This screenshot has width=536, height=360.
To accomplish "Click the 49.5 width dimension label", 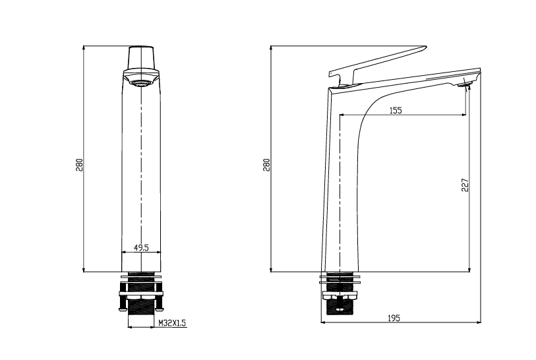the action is (141, 247).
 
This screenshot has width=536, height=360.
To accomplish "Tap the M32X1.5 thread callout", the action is (173, 322).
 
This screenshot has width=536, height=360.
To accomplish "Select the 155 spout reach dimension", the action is (396, 110).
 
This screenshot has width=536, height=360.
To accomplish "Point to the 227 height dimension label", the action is (465, 185).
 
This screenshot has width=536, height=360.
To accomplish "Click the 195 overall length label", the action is (394, 318).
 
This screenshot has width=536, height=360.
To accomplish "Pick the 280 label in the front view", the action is (79, 165).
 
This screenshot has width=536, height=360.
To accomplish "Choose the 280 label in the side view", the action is (266, 165).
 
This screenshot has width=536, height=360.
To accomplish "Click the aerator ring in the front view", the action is (141, 83).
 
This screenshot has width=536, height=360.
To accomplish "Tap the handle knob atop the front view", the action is (141, 57).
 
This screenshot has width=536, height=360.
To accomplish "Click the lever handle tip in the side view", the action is (425, 47).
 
